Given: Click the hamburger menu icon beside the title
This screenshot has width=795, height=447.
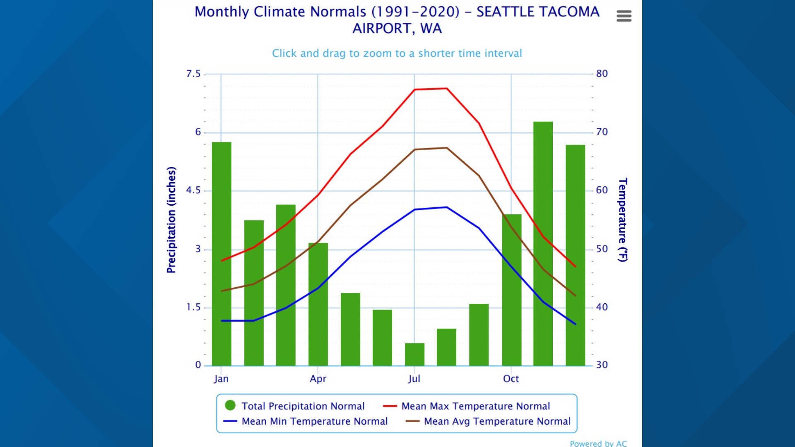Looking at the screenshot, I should pos(624,16).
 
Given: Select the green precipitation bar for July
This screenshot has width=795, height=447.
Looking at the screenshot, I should pos(414,354).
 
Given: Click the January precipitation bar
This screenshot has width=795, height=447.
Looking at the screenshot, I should pos(222,253).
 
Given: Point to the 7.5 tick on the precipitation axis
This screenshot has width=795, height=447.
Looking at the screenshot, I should pos(193,74).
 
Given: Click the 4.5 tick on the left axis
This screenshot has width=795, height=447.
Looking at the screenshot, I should pos(193,190).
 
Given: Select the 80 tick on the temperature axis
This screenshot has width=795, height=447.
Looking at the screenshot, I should pos(602,74).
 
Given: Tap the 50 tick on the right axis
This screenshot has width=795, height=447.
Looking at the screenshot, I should pos(602,249).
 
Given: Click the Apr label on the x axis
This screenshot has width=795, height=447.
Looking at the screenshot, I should pos(318,379).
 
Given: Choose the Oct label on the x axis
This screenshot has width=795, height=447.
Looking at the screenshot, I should pos(511,379).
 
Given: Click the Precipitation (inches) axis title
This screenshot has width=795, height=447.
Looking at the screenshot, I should pos(171,220).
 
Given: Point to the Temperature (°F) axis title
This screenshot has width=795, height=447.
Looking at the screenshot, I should pos(622,220).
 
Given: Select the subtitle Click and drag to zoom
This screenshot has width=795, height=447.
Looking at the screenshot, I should pos(397,53).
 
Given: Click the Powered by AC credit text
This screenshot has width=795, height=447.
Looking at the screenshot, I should pos(598,443).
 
